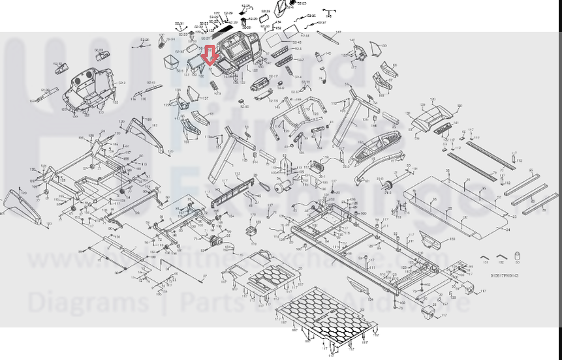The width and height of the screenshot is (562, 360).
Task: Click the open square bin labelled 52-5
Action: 171,61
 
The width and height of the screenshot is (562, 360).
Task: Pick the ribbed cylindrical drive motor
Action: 281,187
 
